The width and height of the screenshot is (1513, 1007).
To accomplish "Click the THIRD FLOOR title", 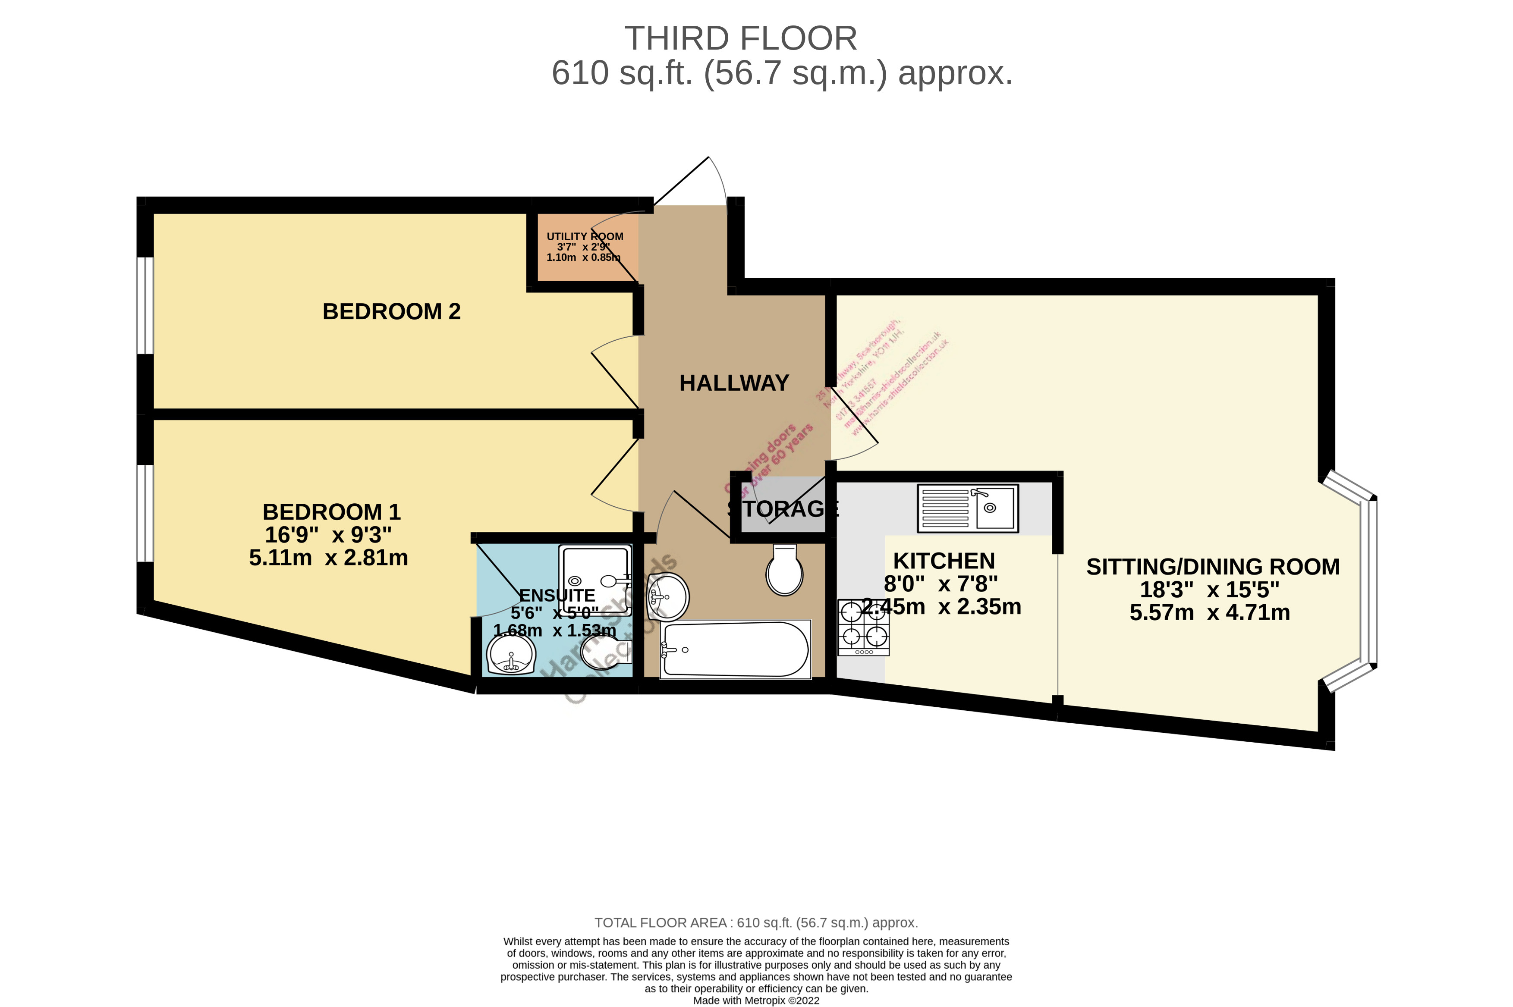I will (x=740, y=38).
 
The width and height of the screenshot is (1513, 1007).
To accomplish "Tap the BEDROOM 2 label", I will (x=391, y=311).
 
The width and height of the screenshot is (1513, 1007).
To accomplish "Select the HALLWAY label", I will (x=734, y=383).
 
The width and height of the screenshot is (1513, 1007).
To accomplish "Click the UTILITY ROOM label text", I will (x=584, y=236).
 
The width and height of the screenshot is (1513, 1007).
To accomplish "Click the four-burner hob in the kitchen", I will (x=863, y=627).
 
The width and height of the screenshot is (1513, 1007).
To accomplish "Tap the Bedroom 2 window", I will (x=145, y=305).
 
